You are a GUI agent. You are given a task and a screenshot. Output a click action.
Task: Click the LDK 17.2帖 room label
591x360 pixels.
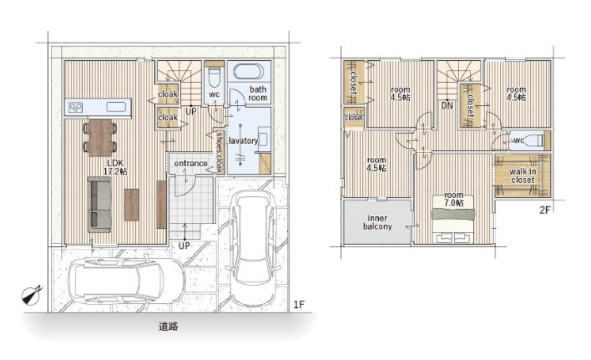(115, 167)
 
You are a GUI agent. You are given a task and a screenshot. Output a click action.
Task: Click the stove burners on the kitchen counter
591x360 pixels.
(76, 108)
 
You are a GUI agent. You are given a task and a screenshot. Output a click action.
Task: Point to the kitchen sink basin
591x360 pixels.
(116, 107)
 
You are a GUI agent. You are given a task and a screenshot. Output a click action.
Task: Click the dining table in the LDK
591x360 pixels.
(100, 138)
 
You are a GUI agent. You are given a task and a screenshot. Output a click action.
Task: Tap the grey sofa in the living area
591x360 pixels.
(99, 205)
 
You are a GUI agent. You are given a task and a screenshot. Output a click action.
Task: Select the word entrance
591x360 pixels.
(191, 163)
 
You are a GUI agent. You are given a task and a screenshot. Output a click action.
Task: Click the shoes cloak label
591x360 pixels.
(219, 152)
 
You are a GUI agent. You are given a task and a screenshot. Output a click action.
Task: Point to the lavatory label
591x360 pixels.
(243, 141)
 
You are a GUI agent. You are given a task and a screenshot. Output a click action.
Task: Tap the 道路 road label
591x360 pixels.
(168, 326)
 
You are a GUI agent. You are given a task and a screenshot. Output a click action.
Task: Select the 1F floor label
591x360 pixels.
(298, 304)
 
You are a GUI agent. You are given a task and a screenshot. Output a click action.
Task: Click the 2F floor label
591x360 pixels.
(545, 210)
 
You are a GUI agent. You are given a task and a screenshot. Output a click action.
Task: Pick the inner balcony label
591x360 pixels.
(378, 222)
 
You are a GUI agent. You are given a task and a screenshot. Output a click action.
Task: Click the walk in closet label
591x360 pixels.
(523, 176)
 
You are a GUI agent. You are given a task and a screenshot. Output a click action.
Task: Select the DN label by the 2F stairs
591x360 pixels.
(447, 106)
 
